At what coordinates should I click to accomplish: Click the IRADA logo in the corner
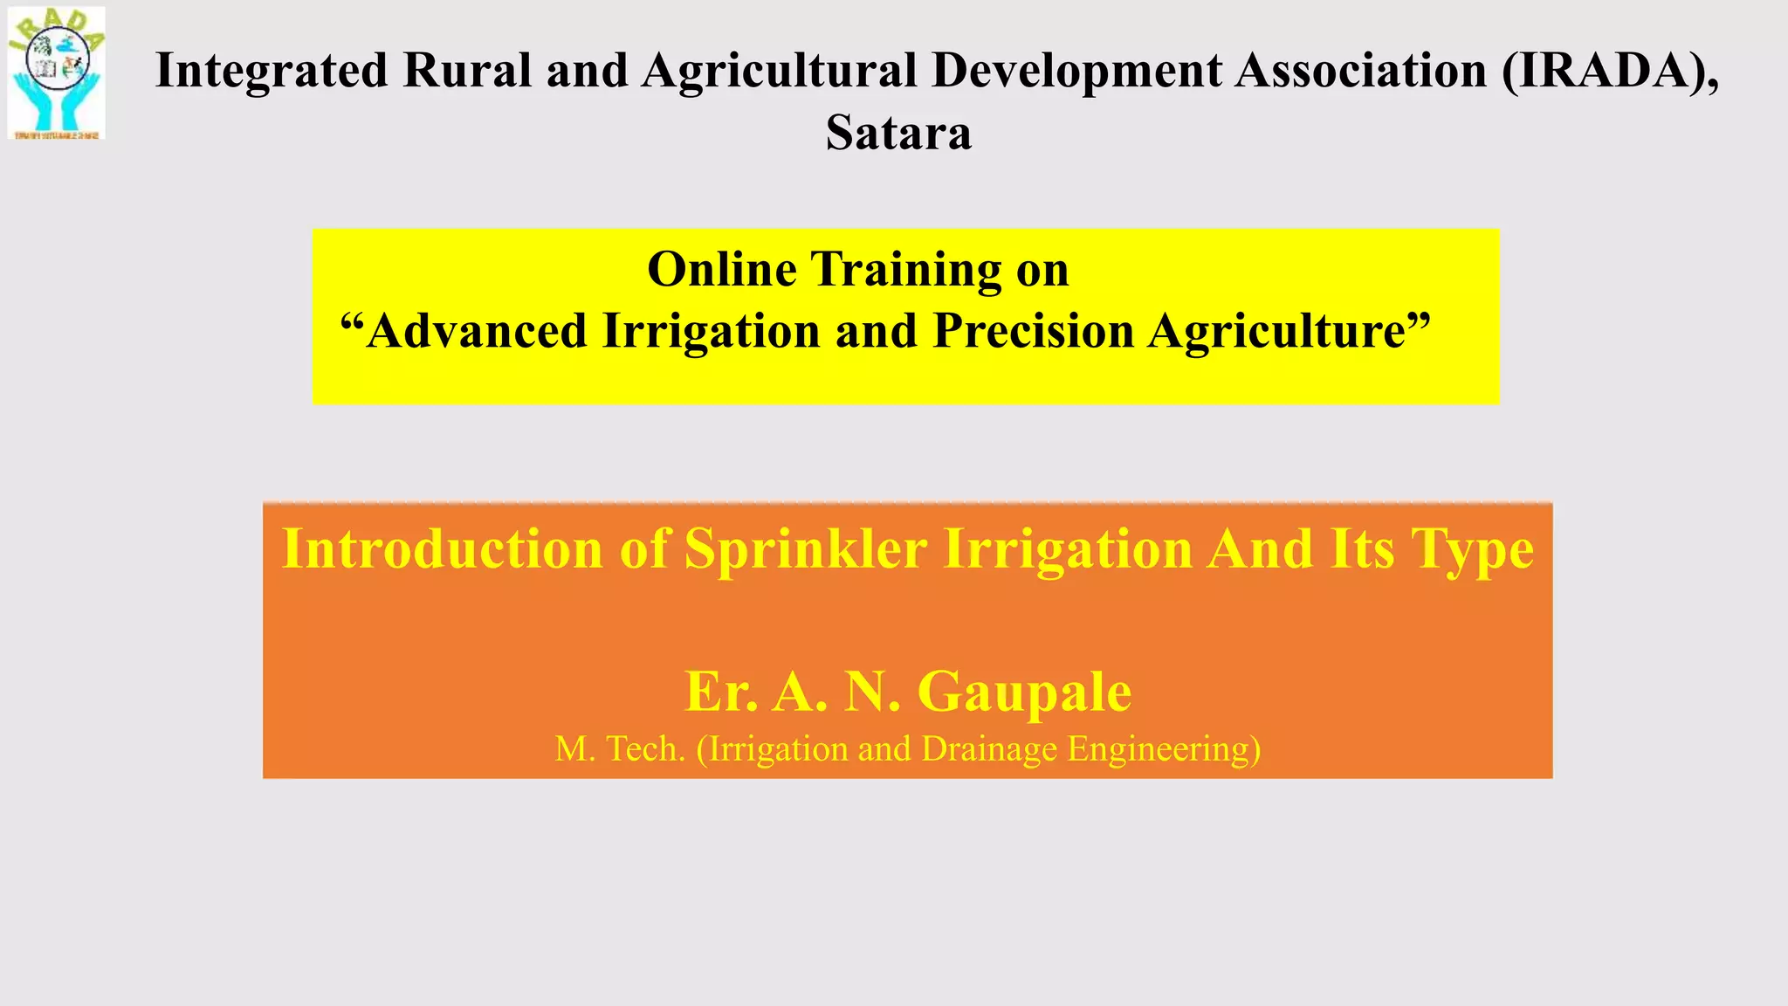[x=57, y=73]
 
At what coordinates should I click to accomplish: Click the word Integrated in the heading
[x=271, y=71]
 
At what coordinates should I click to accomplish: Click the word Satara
[x=898, y=134]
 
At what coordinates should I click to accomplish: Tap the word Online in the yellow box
[x=721, y=269]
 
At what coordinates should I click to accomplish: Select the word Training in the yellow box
[x=906, y=269]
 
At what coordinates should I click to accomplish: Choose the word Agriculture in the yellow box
[x=1289, y=331]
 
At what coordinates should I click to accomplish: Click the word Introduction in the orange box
[x=443, y=549]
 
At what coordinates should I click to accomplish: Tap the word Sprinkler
[x=805, y=549]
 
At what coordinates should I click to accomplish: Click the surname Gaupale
[x=1023, y=692]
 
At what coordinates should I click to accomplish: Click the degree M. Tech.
[x=620, y=749]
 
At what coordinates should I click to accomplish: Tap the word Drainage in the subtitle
[x=989, y=749]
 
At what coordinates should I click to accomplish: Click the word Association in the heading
[x=1360, y=71]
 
